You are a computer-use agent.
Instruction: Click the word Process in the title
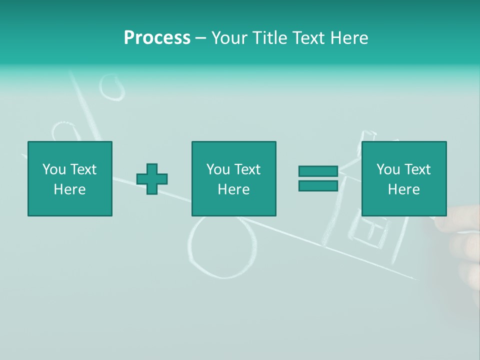pos(157,37)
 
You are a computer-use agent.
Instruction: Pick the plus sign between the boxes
pos(152,179)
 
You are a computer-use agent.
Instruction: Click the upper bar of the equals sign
pos(318,171)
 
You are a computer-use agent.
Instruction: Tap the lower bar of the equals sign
pos(318,186)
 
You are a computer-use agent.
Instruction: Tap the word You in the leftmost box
pos(53,169)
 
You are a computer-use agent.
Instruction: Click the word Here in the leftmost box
pos(70,189)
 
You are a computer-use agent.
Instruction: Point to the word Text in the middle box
pos(248,169)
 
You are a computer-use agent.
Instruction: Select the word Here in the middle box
pos(233,189)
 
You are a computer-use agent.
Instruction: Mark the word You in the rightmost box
pos(387,169)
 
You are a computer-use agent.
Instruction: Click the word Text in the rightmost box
pos(418,169)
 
